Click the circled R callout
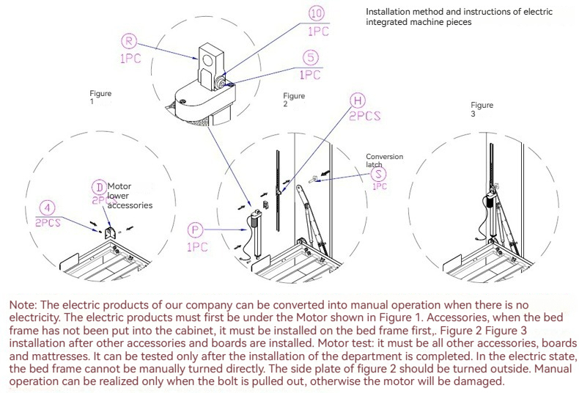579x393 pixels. (129, 41)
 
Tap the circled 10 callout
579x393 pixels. (317, 14)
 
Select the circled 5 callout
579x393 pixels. (311, 58)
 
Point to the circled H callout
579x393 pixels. (358, 100)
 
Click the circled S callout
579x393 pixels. (378, 174)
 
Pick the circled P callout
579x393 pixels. (196, 230)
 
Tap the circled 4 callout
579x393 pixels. (47, 208)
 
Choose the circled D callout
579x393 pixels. (100, 188)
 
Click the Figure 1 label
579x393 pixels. (100, 97)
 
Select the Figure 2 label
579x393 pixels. (294, 100)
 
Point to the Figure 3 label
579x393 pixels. (482, 109)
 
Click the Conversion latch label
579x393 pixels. (384, 161)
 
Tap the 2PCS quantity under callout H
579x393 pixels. (364, 116)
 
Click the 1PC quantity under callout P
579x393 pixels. (197, 247)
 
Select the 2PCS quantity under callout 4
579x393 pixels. (48, 223)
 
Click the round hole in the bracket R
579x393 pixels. (207, 59)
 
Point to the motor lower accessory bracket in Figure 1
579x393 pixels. (110, 233)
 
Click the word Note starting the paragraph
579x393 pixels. (23, 305)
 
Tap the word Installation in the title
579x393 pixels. (386, 12)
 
